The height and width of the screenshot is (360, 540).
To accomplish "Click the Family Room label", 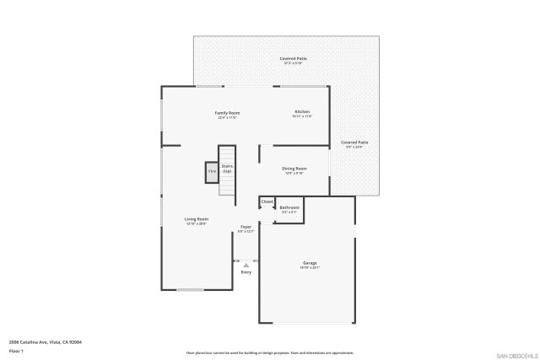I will click(227, 112).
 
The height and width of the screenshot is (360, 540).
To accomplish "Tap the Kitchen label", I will click(301, 111).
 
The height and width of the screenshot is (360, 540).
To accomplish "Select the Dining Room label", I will click(294, 168).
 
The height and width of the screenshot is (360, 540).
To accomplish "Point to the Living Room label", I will click(197, 219).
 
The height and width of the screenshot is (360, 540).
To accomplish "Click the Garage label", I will click(310, 263).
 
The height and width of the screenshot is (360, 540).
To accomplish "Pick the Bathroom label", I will click(289, 207).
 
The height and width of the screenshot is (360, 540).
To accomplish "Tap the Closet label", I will click(267, 201).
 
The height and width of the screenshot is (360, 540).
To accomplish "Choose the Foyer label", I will click(246, 226).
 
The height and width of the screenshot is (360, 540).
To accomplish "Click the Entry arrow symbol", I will click(246, 265).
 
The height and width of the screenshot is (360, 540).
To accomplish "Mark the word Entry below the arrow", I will click(246, 272).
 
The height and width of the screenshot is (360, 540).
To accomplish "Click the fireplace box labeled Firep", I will click(212, 172).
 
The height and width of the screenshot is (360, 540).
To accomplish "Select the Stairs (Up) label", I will click(227, 169).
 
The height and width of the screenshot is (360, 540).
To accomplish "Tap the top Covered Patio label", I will click(294, 58).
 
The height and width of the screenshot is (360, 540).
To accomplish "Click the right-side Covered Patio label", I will click(354, 142).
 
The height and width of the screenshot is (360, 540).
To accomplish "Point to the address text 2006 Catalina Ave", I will click(45, 341).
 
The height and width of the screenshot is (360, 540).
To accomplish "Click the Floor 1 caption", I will click(16, 350).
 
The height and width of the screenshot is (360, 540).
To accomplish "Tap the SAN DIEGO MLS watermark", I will click(516, 353).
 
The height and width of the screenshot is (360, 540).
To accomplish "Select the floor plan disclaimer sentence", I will click(269, 352).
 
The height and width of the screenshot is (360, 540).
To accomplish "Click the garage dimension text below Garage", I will click(310, 268).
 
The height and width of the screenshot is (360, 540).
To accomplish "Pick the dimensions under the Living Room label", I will click(197, 224).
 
